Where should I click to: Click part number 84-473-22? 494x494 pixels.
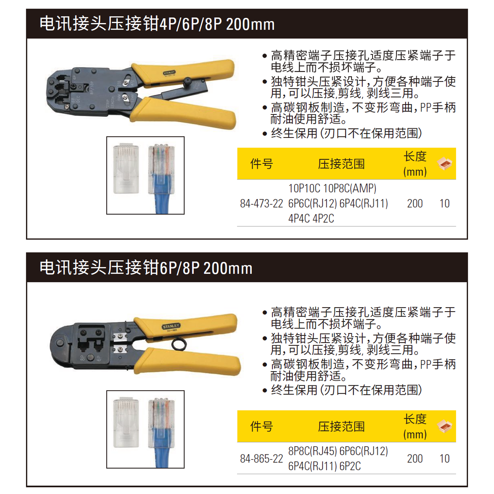[x=261, y=203]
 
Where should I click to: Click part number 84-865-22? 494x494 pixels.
[x=261, y=459]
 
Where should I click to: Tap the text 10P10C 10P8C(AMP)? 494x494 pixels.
[x=332, y=189]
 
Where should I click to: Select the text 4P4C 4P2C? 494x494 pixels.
[x=311, y=219]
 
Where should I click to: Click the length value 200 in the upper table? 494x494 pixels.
[x=415, y=203]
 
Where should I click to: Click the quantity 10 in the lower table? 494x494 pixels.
[x=444, y=459]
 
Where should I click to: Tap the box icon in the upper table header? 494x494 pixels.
[x=445, y=163]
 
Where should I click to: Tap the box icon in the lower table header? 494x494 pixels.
[x=445, y=426]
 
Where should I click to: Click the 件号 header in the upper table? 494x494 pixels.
[x=261, y=164]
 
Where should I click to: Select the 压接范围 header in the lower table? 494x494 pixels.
[x=341, y=426]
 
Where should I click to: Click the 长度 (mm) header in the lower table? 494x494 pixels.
[x=415, y=426]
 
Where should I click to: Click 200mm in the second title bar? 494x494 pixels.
[x=228, y=268]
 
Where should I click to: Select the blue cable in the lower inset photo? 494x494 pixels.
[x=161, y=449]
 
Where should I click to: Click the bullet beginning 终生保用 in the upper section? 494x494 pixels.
[x=346, y=133]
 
